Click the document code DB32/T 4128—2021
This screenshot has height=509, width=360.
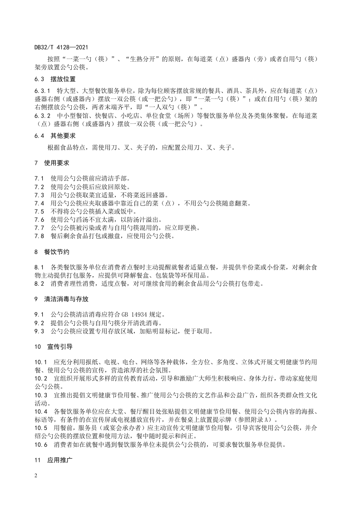tap(61, 46)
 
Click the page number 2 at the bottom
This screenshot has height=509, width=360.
tap(35, 476)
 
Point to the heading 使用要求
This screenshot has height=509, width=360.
tap(57, 162)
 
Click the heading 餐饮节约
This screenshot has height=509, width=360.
tap(57, 251)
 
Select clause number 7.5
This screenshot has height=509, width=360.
tap(39, 211)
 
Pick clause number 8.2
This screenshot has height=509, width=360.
tap(39, 284)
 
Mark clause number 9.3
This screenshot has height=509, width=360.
tap(39, 331)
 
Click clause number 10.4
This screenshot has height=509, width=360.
tap(41, 411)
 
